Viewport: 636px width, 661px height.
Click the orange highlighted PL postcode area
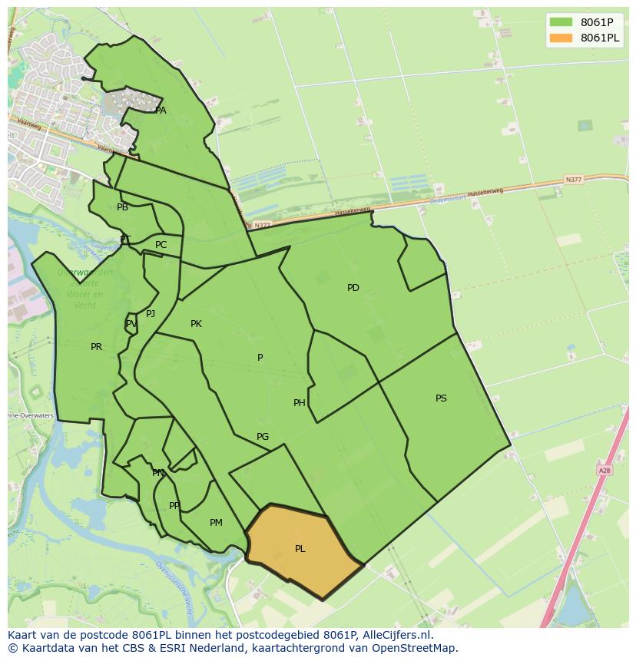(301, 549)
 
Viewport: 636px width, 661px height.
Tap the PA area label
(161, 111)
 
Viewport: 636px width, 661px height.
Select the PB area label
(123, 207)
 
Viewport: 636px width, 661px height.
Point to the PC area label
(161, 245)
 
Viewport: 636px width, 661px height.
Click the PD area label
(353, 288)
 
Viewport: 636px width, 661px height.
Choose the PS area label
(441, 398)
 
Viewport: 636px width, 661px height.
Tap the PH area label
(300, 403)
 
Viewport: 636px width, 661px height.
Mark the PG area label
(263, 437)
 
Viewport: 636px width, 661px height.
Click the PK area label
(196, 324)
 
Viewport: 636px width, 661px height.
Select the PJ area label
(151, 313)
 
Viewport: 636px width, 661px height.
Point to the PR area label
(96, 347)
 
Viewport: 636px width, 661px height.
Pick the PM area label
(216, 523)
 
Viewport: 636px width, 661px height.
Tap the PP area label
(174, 506)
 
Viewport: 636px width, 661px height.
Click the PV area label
(131, 324)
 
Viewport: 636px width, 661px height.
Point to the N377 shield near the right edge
(573, 180)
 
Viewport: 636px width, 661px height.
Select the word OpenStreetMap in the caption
(416, 648)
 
